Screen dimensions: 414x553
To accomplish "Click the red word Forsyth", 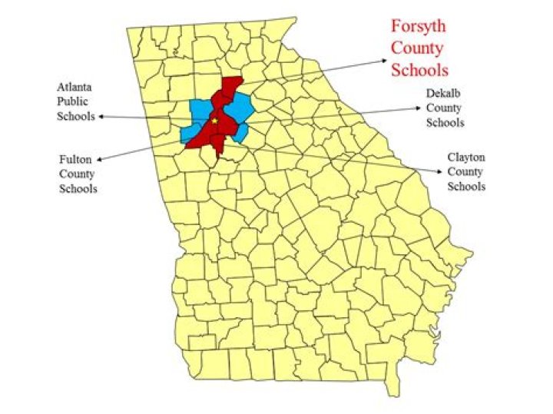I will [x=419, y=27].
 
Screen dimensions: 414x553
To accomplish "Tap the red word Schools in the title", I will [x=419, y=70].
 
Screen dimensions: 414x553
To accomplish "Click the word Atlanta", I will [x=75, y=87].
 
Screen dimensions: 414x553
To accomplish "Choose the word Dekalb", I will [x=445, y=94].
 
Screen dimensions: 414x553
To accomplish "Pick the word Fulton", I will [x=75, y=160].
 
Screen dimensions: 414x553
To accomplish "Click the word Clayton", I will [x=466, y=157].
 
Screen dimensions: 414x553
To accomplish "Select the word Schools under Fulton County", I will [x=78, y=189].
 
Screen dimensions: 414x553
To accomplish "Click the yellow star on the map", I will [x=216, y=121].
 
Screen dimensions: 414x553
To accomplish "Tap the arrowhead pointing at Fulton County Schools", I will [x=101, y=158].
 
